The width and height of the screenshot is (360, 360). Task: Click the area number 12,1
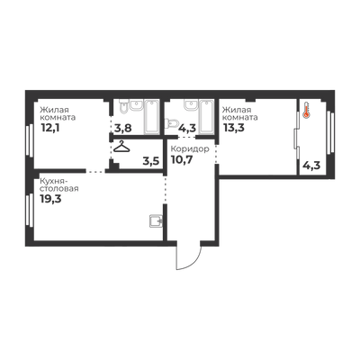click(50, 128)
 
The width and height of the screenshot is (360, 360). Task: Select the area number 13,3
click(233, 128)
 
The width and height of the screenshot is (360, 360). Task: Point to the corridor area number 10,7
click(182, 159)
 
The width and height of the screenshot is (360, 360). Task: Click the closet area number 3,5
click(151, 161)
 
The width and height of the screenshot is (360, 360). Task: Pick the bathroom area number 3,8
click(123, 129)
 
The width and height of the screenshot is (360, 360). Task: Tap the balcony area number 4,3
click(312, 165)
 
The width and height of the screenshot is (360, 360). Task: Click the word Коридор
click(190, 148)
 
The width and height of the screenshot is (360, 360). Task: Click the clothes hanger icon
click(121, 147)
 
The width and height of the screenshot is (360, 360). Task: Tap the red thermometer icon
click(306, 110)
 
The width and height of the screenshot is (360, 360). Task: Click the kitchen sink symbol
click(156, 221)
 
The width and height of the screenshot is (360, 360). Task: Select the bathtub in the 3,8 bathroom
click(151, 116)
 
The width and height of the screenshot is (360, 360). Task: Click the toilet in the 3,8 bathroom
click(123, 107)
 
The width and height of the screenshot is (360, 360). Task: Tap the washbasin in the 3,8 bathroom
click(137, 105)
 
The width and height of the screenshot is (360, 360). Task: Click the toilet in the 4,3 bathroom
click(171, 122)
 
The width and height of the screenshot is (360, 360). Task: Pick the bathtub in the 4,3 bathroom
click(207, 116)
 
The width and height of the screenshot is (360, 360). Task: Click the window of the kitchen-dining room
click(30, 210)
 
